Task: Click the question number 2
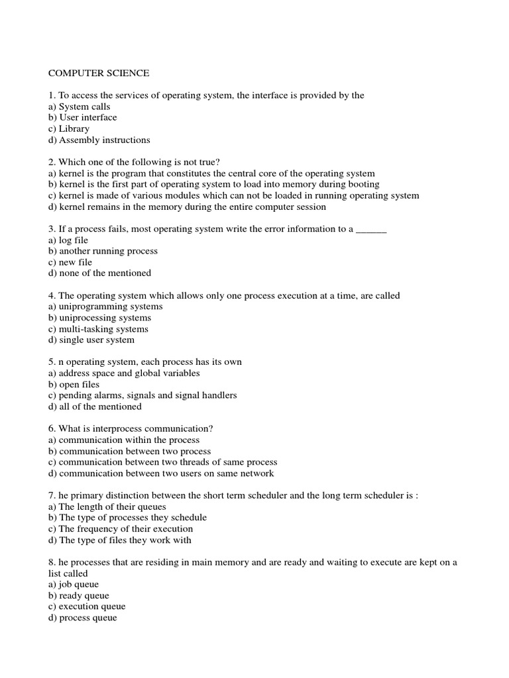(51, 162)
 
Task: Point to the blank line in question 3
(371, 229)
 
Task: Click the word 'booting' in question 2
(364, 184)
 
